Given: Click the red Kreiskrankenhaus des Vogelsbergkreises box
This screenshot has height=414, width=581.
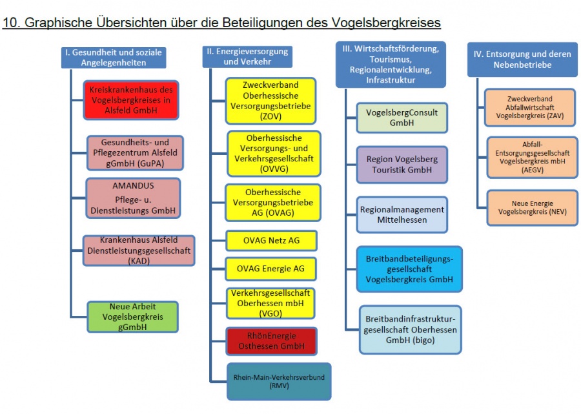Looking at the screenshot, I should click(132, 100).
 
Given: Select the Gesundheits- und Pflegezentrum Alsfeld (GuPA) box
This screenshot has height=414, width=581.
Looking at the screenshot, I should click(135, 152).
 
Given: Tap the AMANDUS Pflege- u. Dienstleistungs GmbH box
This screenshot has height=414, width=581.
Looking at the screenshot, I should click(132, 198).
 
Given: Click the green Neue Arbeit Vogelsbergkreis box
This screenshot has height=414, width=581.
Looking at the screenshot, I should click(132, 318).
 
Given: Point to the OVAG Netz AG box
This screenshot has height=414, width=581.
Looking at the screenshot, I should click(272, 241).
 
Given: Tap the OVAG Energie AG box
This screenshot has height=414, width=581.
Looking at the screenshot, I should click(272, 268).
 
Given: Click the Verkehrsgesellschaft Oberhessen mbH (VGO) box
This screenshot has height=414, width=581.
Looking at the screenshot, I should click(272, 304).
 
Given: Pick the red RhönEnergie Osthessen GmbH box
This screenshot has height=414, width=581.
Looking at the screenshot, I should click(272, 341).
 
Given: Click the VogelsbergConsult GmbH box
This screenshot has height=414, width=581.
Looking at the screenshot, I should click(402, 117).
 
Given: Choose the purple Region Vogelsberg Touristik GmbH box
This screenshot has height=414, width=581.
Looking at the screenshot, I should click(402, 164).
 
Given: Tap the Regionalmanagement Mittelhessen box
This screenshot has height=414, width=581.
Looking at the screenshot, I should click(402, 214).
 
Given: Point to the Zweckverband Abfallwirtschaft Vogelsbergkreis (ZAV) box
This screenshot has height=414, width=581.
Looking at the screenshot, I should click(522, 109).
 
